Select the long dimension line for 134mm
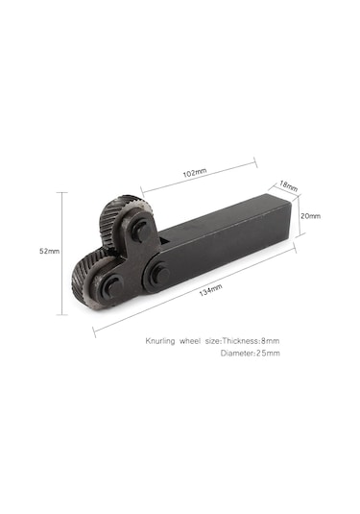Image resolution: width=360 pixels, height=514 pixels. [x=192, y=287]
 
